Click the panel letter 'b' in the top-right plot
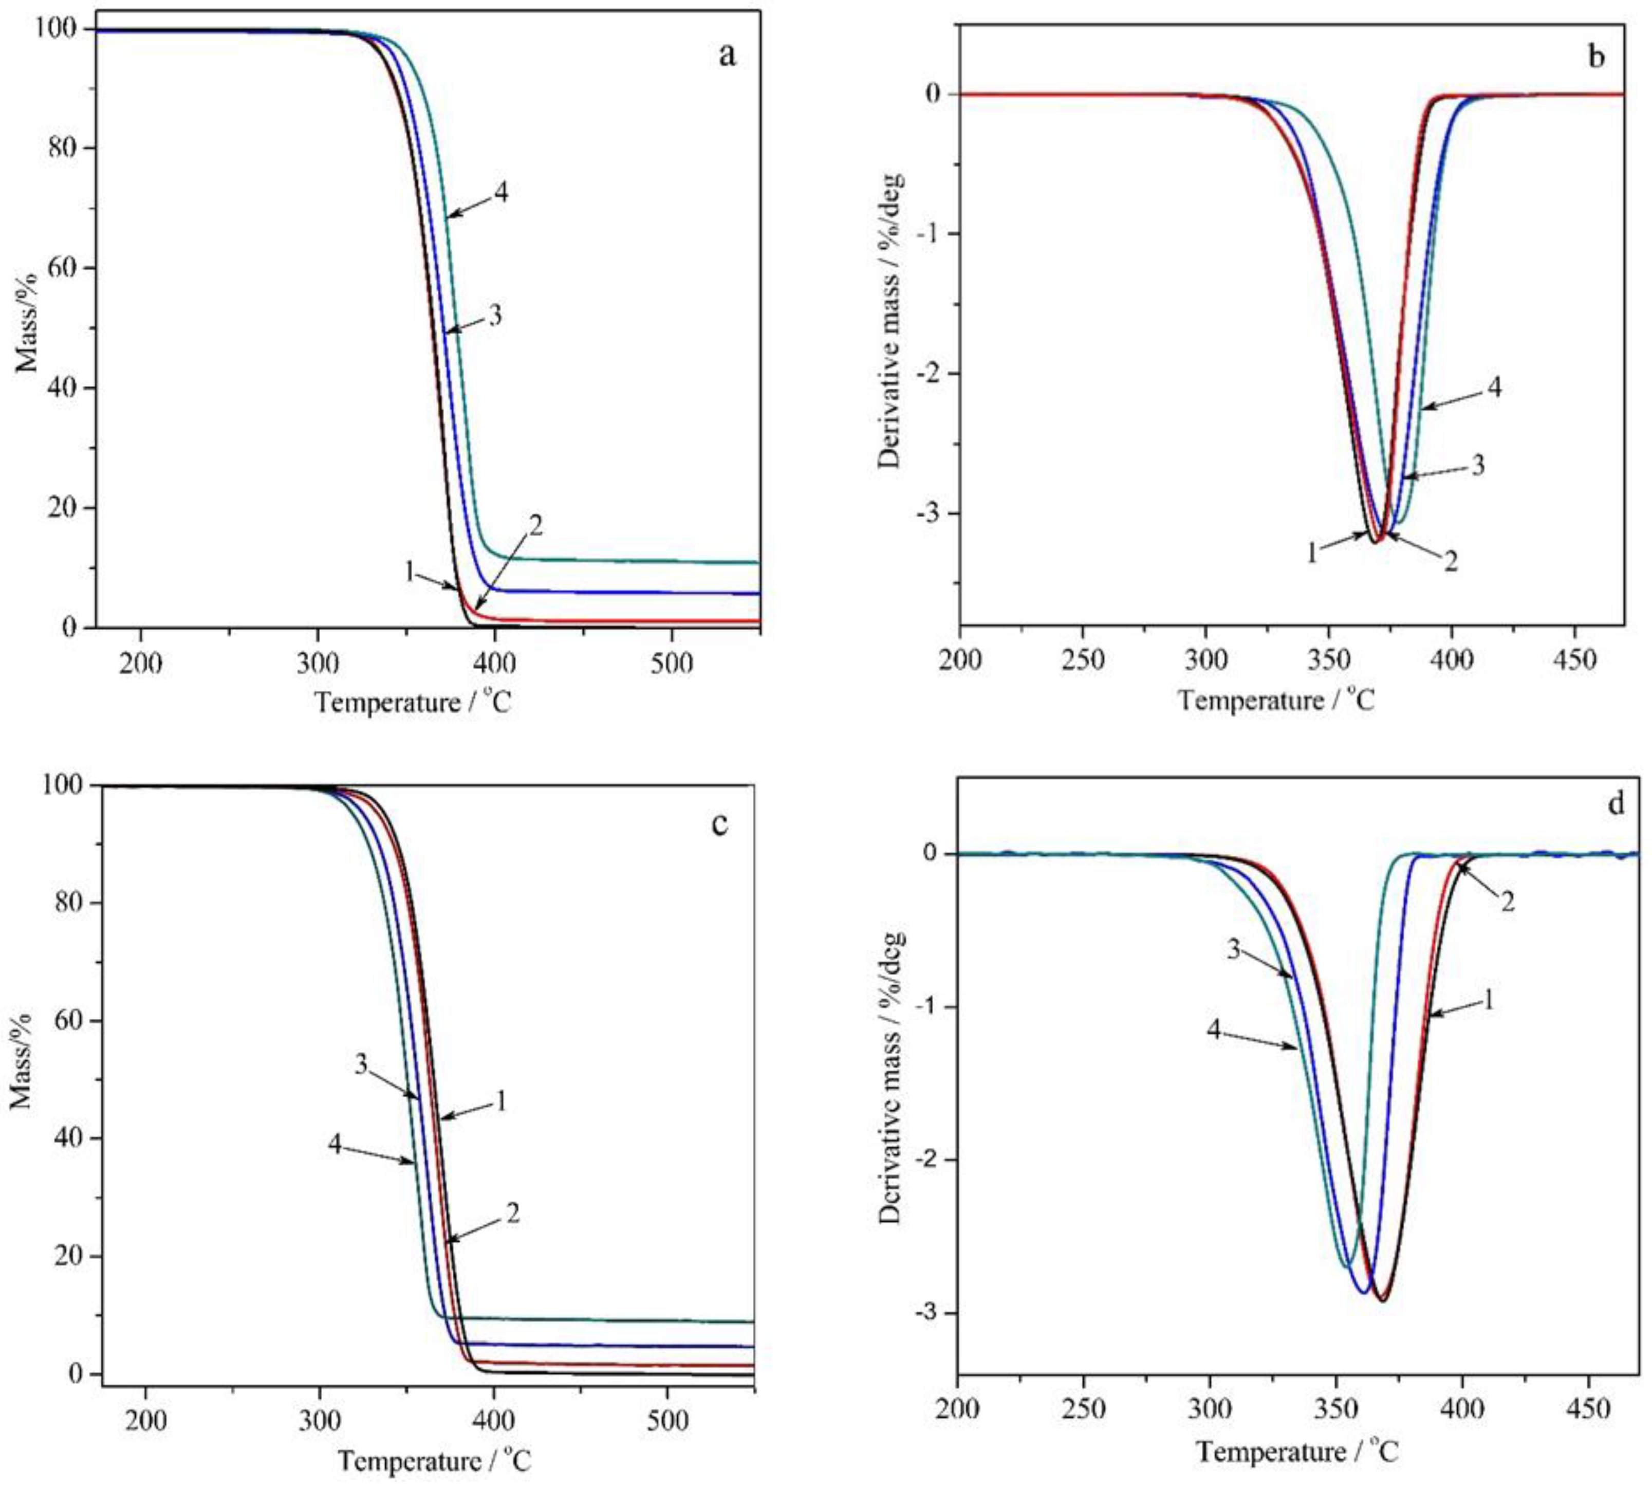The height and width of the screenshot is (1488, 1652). click(x=1595, y=57)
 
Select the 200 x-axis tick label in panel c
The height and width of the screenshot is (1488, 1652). click(x=145, y=1421)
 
